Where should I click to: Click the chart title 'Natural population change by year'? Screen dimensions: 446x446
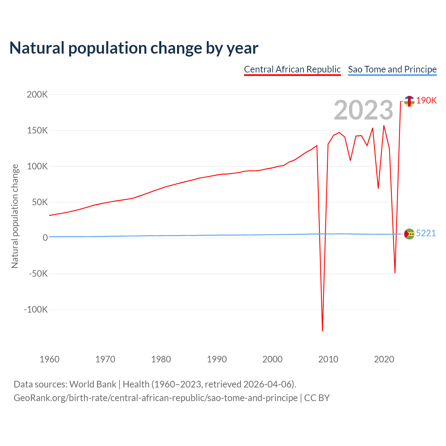point(134,48)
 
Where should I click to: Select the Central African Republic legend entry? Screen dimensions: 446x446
point(292,69)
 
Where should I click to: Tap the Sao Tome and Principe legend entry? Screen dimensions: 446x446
point(392,69)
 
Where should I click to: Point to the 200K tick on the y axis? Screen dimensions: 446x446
point(37,94)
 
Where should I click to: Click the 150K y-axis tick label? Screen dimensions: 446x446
point(37,130)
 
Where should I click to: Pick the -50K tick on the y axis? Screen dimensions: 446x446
point(38,274)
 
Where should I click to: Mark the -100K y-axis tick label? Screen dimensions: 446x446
point(36,309)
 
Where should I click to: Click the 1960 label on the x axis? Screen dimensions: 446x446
point(49,359)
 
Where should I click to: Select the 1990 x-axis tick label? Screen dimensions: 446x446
point(217,359)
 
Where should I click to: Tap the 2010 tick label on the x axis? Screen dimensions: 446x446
point(328,359)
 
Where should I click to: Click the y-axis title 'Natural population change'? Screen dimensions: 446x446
point(15,216)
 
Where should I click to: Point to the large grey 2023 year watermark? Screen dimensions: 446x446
point(363,110)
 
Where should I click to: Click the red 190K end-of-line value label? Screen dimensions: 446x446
point(426,100)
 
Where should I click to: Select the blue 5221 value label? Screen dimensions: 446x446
point(426,233)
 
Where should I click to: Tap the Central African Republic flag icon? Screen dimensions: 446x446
point(409,101)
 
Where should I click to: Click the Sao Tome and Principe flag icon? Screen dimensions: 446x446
point(409,234)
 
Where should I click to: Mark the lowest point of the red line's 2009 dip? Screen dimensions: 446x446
point(323,331)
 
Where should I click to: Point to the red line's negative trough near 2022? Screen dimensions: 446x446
point(395,272)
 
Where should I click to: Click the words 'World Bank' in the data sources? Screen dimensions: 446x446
point(93,384)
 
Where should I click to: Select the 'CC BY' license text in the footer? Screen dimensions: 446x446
point(317,398)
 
